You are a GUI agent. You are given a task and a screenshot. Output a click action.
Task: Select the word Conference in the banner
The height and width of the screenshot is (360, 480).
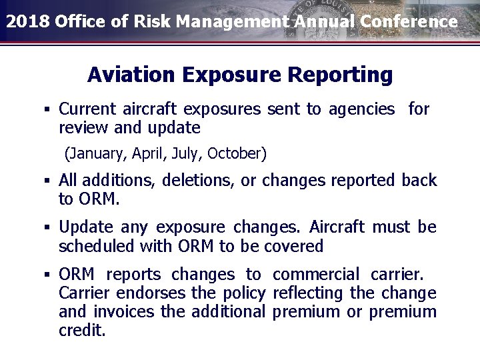(409, 21)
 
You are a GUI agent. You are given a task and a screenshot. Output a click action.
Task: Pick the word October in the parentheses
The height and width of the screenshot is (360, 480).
(237, 154)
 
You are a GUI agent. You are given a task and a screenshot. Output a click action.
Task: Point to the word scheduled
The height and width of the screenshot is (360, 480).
(97, 246)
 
